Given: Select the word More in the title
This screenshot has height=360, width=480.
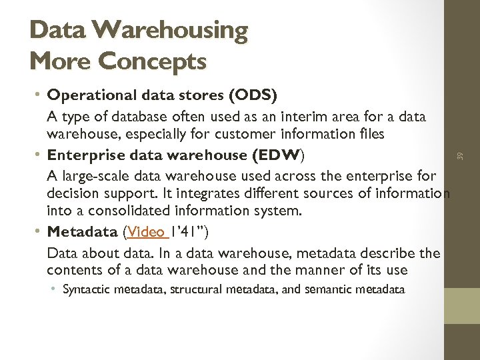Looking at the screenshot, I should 61,61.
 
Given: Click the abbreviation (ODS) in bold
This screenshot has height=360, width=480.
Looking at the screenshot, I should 253,95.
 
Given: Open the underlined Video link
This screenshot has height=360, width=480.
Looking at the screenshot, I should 147,232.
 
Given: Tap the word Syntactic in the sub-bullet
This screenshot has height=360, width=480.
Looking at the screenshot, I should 87,289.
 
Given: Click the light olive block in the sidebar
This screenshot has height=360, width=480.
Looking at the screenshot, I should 461,305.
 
